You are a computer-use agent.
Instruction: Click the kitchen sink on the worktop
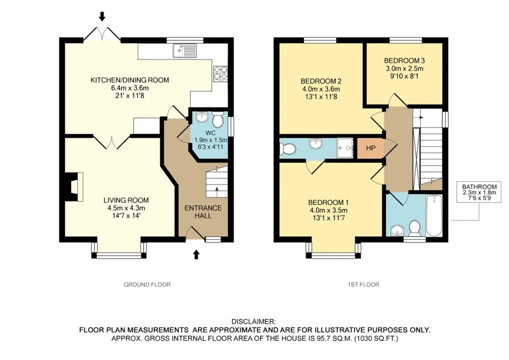click(185, 51)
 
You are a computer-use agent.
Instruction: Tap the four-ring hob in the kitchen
click(220, 74)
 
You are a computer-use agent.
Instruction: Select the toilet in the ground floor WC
click(218, 120)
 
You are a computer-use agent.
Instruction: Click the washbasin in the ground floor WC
click(202, 117)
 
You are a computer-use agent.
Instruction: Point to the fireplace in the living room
click(74, 187)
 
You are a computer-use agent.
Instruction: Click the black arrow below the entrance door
click(196, 254)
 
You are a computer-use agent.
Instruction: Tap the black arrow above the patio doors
click(102, 17)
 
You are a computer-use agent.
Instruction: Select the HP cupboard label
click(371, 148)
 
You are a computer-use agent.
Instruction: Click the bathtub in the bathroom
click(434, 216)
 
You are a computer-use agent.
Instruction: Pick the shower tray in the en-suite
click(345, 148)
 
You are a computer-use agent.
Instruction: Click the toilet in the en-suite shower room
click(288, 149)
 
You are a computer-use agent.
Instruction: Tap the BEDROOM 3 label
click(404, 61)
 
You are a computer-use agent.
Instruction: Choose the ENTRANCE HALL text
click(203, 212)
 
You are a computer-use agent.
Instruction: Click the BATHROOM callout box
click(479, 192)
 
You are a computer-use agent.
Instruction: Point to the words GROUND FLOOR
click(147, 284)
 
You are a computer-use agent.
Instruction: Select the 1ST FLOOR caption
click(363, 284)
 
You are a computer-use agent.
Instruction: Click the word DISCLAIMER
click(254, 321)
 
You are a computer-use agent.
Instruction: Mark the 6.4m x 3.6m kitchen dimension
click(130, 88)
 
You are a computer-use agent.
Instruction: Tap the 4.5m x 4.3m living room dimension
click(126, 208)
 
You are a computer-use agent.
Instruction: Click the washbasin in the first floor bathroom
click(397, 231)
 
